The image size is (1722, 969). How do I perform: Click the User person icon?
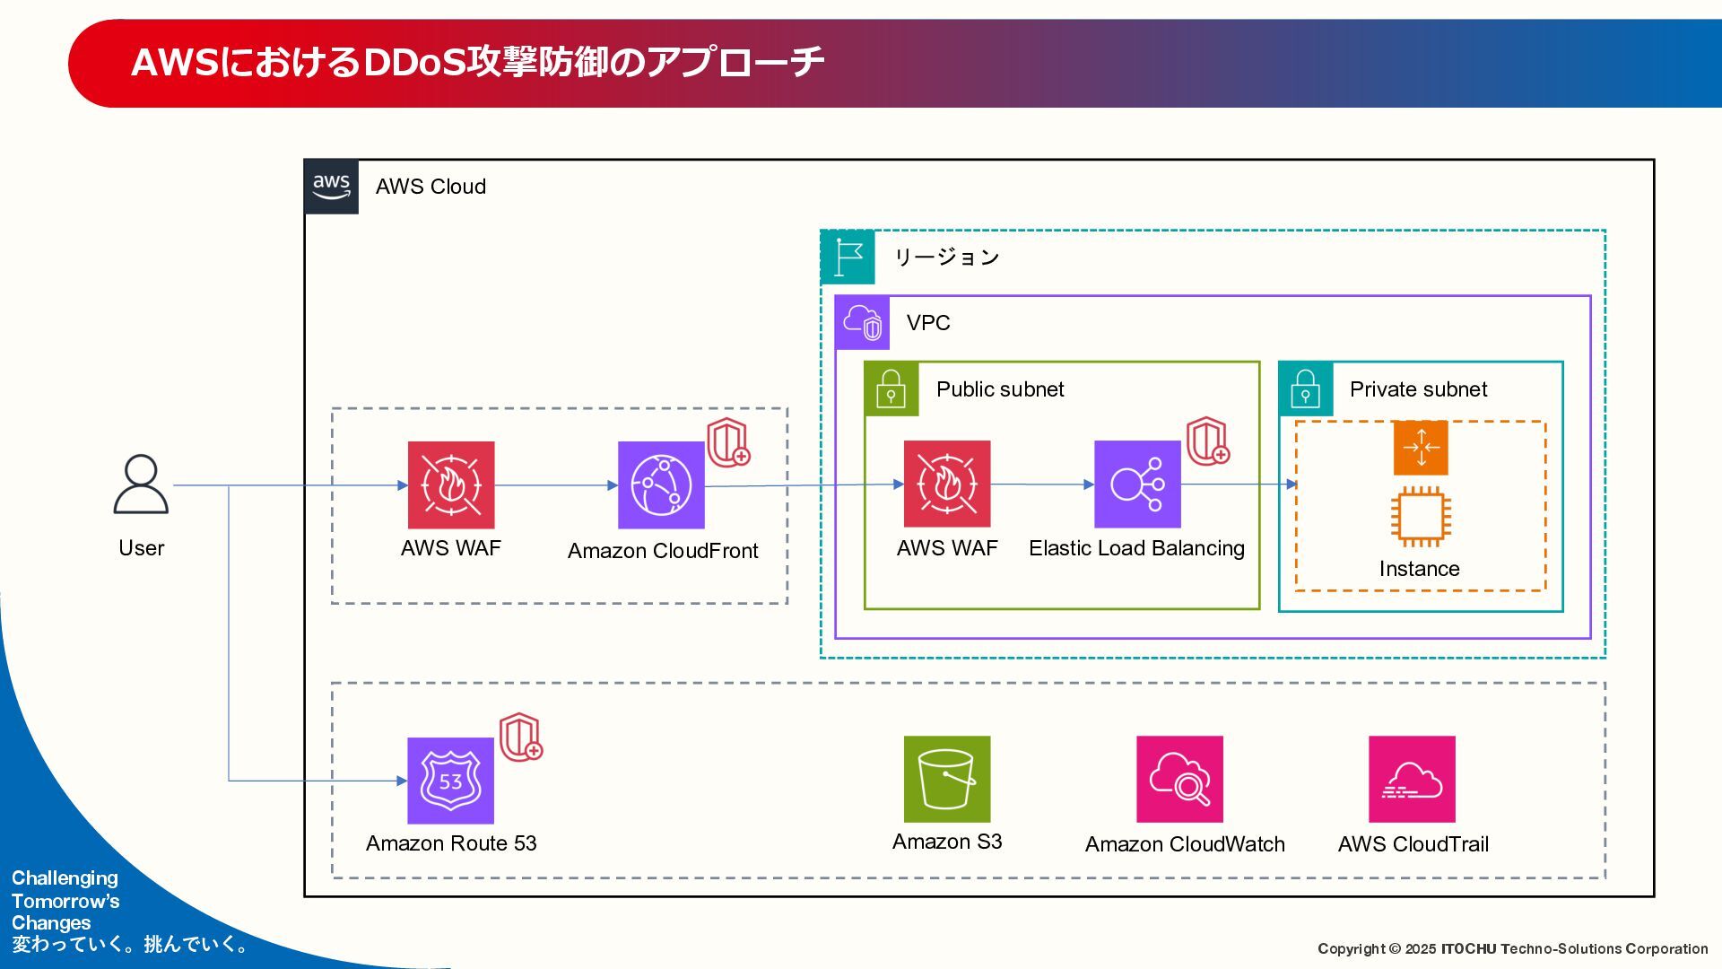141,484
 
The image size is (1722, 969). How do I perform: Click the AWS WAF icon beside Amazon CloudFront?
451,484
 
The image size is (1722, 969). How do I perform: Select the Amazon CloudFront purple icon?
661,484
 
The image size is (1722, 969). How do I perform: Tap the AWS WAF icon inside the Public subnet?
947,484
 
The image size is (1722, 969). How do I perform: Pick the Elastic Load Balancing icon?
1137,484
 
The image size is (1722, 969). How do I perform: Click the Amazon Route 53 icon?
451,781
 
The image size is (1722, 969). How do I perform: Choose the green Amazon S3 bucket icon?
947,779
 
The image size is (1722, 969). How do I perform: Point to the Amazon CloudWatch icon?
1180,779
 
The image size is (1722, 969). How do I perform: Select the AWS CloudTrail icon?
1412,779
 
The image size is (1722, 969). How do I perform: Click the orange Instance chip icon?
1421,517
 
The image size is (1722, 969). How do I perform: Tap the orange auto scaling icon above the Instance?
1421,448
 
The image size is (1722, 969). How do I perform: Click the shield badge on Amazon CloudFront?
728,442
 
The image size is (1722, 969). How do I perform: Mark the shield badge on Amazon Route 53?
521,738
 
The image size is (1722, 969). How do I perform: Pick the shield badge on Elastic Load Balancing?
1208,441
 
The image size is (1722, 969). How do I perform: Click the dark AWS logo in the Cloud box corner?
332,187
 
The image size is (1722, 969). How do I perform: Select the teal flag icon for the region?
848,258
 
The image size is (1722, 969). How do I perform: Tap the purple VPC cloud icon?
863,323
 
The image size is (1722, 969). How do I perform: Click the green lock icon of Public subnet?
891,389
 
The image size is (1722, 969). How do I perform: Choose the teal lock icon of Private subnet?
1306,389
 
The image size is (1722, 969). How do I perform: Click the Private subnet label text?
1418,389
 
